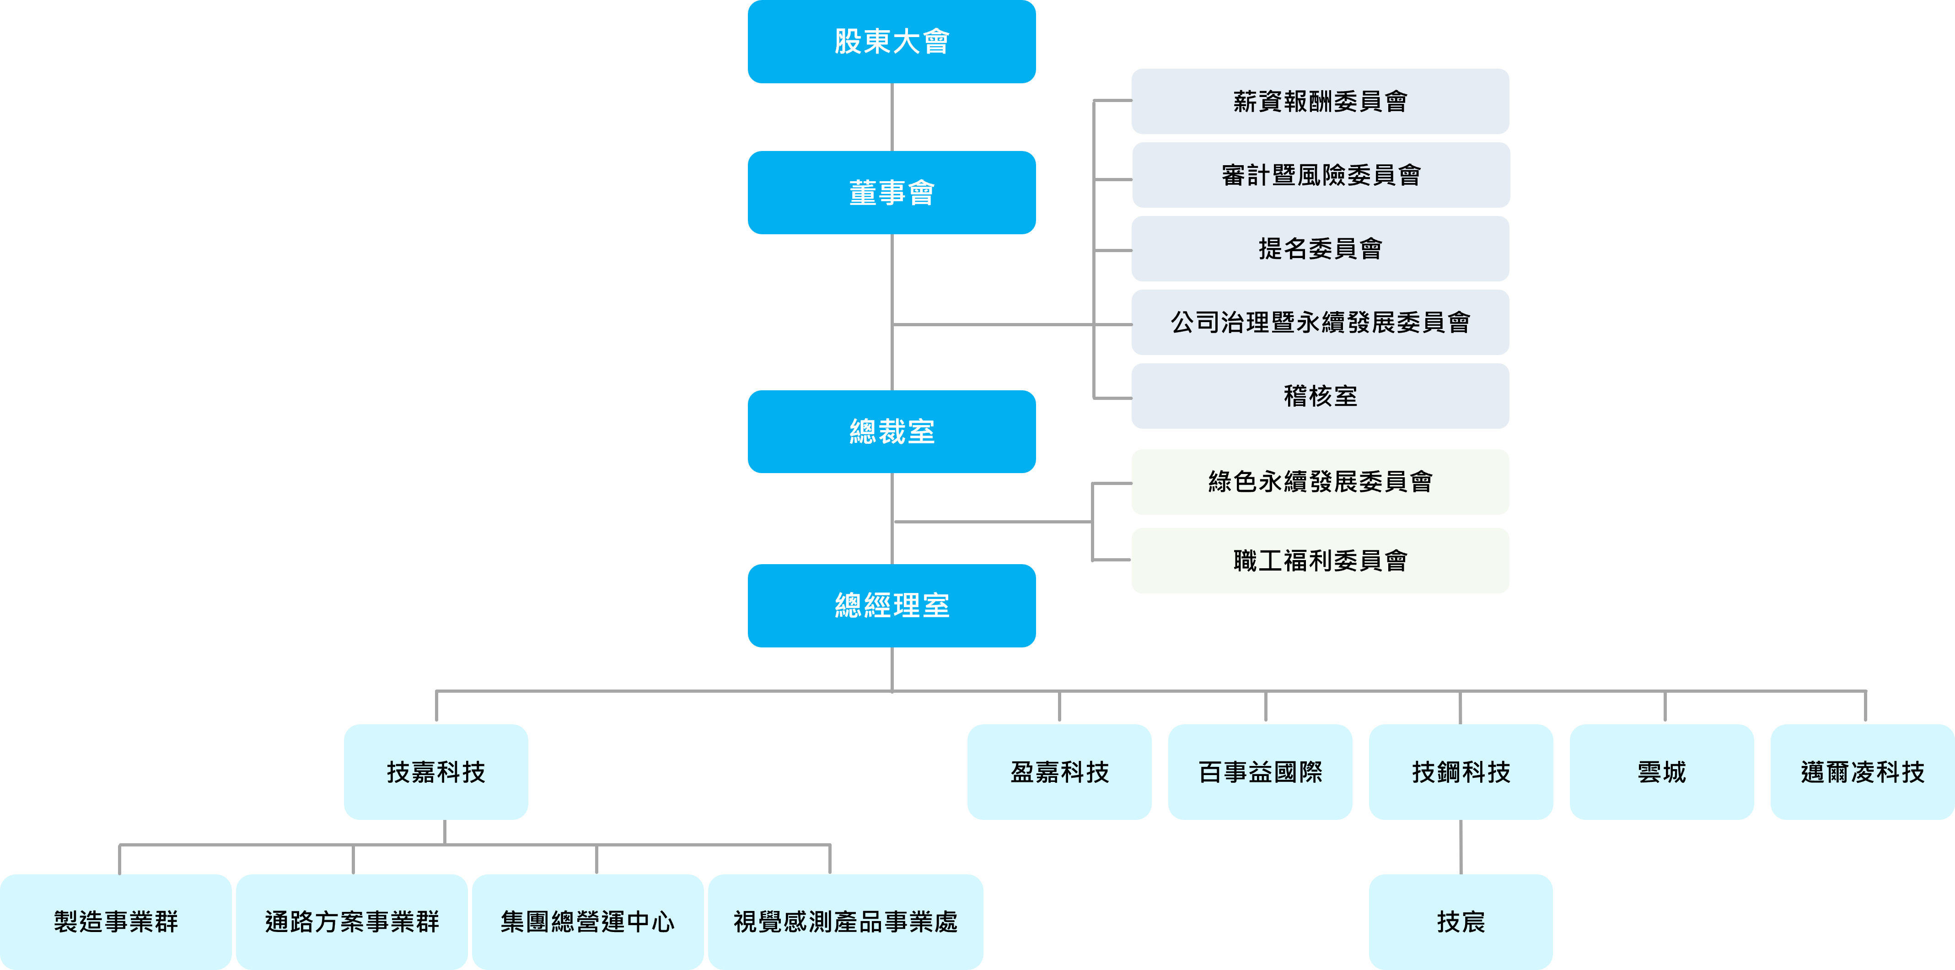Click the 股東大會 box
click(x=892, y=42)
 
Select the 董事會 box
click(x=892, y=193)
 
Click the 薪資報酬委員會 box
click(x=1320, y=102)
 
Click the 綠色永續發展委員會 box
click(x=1320, y=482)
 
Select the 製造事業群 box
click(x=115, y=921)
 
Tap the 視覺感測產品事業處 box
click(x=845, y=921)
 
